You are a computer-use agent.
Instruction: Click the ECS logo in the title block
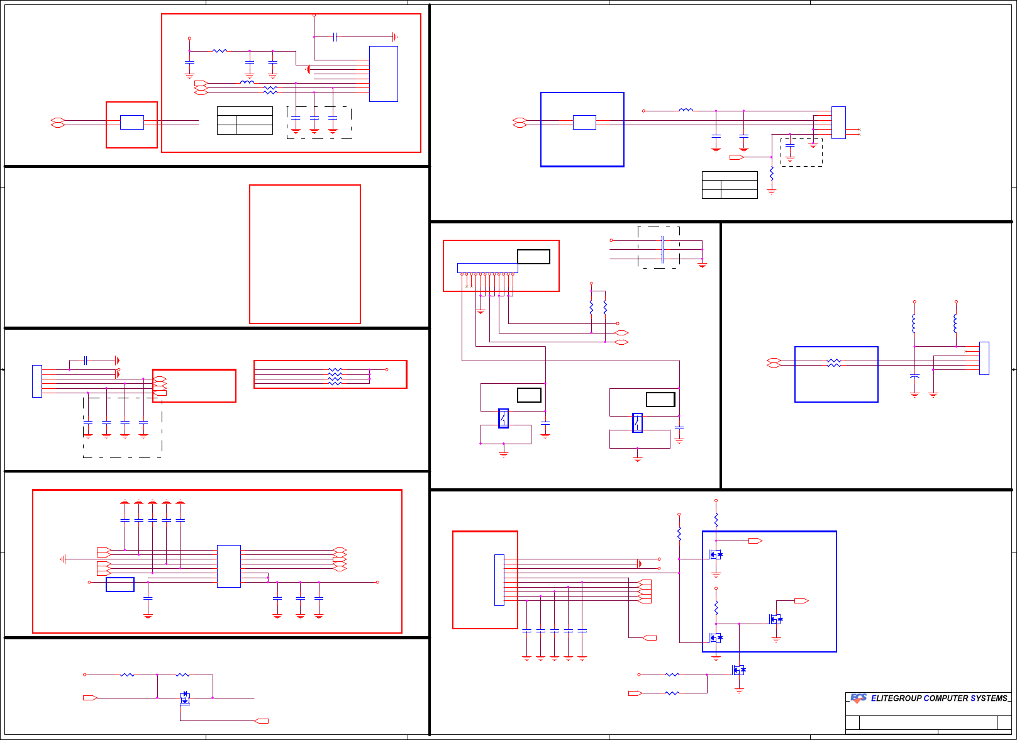click(x=859, y=698)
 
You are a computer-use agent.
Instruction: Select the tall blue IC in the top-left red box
click(x=383, y=74)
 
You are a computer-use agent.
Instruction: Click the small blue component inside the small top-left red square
click(x=131, y=123)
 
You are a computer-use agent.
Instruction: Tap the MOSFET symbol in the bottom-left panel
click(x=184, y=697)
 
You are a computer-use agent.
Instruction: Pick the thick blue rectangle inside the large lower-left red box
click(x=120, y=585)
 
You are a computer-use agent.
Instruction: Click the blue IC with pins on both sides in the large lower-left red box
click(x=228, y=566)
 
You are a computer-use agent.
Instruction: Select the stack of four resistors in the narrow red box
click(x=335, y=376)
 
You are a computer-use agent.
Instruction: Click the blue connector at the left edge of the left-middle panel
click(x=37, y=381)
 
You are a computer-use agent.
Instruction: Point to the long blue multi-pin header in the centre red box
click(x=487, y=268)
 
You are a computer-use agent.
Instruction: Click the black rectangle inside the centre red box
click(x=533, y=257)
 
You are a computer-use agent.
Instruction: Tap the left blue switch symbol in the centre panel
click(x=503, y=418)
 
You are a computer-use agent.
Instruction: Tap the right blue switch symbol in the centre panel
click(x=637, y=423)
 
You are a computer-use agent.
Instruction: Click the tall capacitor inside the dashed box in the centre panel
click(x=662, y=249)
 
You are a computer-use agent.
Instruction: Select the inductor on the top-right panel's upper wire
click(x=686, y=110)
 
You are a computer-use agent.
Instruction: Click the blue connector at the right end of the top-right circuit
click(x=838, y=123)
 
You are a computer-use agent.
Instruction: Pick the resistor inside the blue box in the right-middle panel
click(x=833, y=363)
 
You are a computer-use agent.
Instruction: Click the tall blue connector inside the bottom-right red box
click(x=499, y=580)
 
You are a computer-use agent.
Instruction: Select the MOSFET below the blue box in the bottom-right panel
click(x=739, y=670)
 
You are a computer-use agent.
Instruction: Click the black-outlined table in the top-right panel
click(x=730, y=185)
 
